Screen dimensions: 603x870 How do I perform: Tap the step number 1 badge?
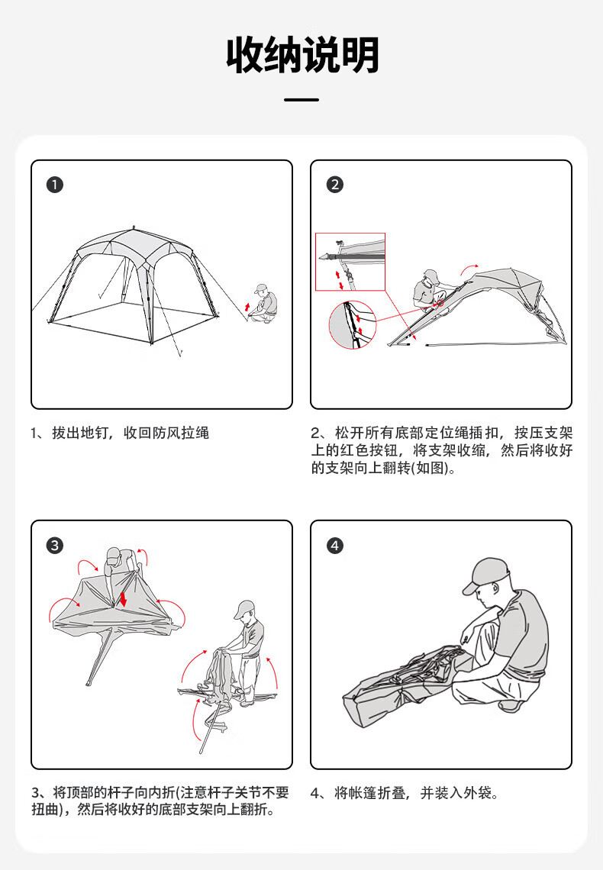(x=55, y=185)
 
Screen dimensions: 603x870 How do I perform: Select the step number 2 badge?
(x=334, y=185)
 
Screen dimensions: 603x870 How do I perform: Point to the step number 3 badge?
(x=55, y=546)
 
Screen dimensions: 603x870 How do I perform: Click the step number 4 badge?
(x=334, y=546)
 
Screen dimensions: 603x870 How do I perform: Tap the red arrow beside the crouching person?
(x=247, y=306)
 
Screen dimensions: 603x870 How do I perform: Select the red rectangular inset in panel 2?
(x=350, y=261)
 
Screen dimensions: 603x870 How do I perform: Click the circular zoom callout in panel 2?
(x=352, y=325)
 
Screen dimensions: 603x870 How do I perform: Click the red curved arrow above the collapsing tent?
(x=469, y=269)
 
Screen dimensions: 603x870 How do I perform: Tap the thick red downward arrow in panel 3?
(x=123, y=598)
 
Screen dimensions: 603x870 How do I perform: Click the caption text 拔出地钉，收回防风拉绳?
(x=130, y=433)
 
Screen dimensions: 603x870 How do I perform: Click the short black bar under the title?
(x=301, y=100)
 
